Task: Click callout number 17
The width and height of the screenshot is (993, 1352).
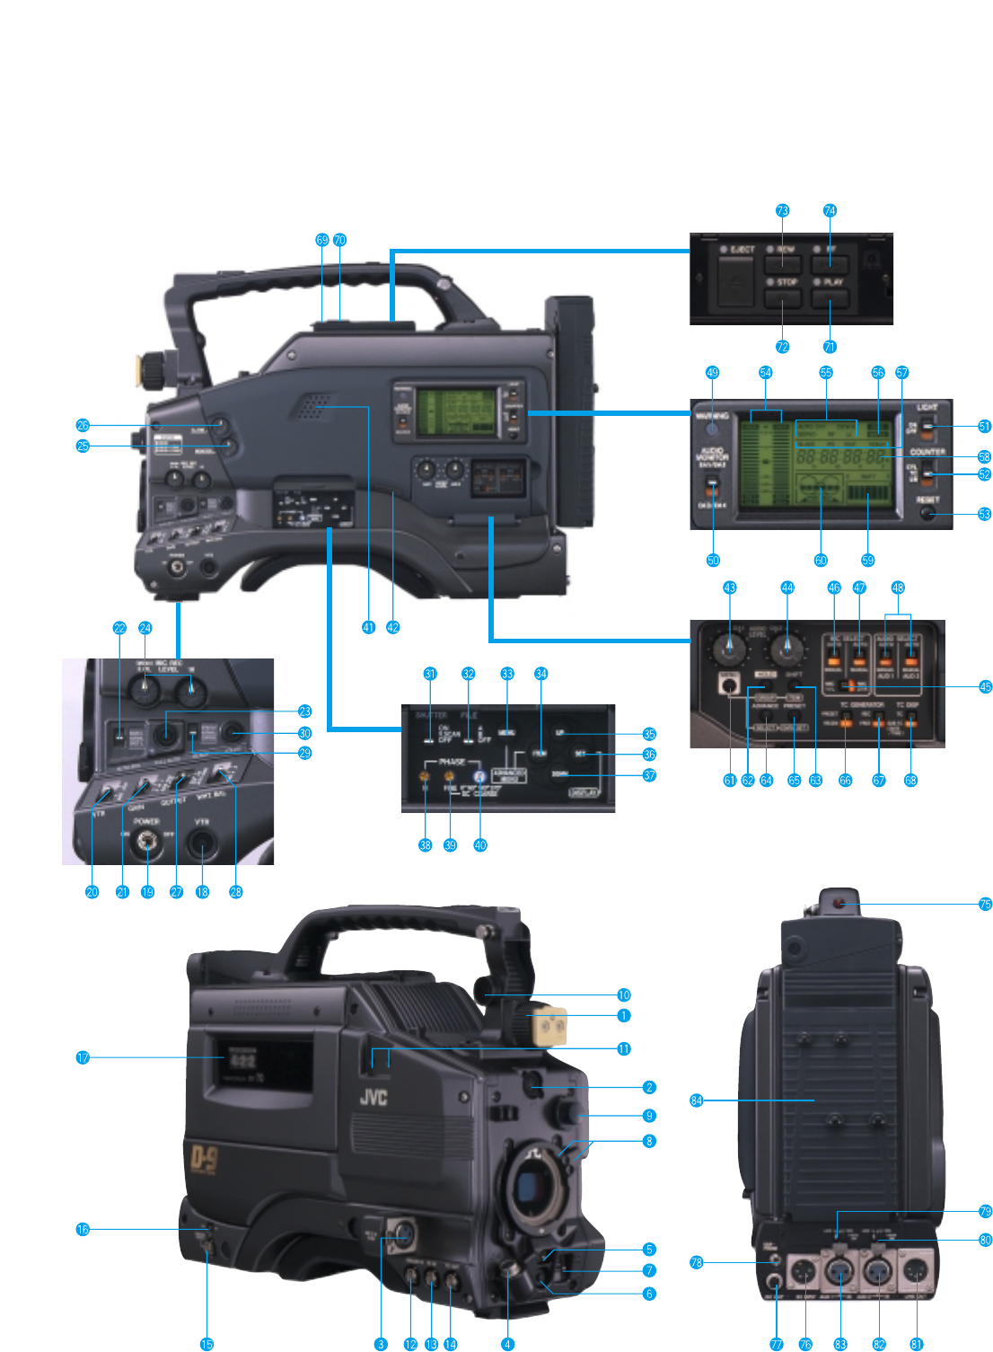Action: click(83, 1057)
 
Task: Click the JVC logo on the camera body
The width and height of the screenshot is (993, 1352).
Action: click(373, 1096)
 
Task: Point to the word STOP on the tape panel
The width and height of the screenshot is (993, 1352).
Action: click(787, 282)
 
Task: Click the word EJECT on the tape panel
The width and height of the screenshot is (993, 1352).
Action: click(743, 249)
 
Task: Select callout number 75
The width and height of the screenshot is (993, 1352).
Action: click(985, 904)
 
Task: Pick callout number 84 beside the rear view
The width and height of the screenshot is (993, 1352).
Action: click(697, 1100)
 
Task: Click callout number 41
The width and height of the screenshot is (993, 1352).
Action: click(368, 627)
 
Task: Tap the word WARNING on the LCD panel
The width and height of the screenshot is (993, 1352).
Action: click(711, 416)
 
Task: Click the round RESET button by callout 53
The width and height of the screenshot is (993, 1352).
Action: click(928, 514)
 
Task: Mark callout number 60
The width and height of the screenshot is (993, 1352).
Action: click(821, 560)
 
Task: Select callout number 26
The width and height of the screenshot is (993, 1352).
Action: click(83, 425)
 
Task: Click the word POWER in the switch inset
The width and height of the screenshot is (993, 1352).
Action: click(146, 821)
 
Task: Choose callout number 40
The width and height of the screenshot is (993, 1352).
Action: click(480, 844)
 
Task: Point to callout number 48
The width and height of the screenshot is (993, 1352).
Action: click(898, 588)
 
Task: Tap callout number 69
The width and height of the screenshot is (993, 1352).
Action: click(322, 240)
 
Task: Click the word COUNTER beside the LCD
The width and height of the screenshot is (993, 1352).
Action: click(927, 452)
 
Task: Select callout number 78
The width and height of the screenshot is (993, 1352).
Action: click(697, 1262)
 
